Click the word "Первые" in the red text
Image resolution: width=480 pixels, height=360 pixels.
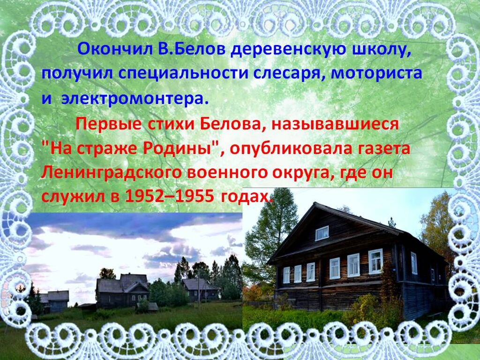point(108,124)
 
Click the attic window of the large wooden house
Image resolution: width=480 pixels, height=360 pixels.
point(322,233)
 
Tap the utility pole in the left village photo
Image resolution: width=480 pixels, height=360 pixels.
point(199,289)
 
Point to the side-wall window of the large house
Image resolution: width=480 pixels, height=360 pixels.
point(414,263)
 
